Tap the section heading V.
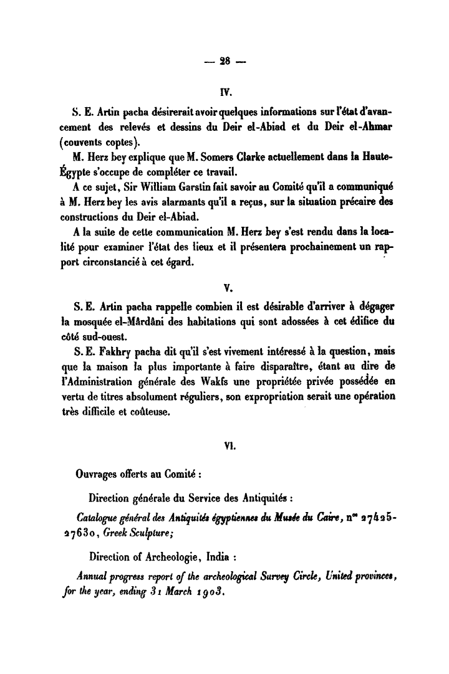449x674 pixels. (227, 288)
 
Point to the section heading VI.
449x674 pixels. (228, 446)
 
